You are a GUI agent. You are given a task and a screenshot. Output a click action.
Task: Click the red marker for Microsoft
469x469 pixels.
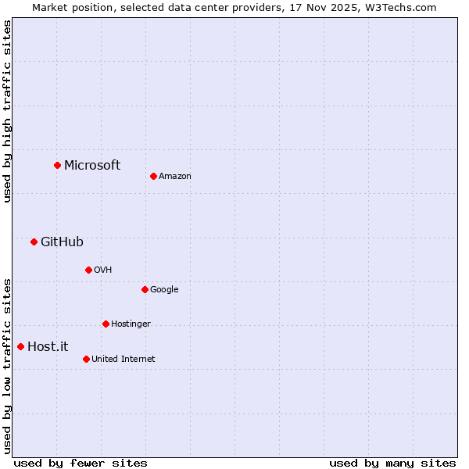(x=57, y=165)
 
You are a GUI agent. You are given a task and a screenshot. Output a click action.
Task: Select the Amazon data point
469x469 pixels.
(x=153, y=176)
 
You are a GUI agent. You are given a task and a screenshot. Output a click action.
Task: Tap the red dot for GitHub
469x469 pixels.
(x=34, y=242)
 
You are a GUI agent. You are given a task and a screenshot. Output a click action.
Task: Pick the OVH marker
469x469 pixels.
(x=88, y=270)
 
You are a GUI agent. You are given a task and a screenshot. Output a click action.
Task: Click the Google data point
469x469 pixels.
(x=145, y=289)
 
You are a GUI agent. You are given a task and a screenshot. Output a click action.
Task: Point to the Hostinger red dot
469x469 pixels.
(x=106, y=324)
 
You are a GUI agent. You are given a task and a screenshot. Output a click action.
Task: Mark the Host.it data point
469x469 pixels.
(x=20, y=346)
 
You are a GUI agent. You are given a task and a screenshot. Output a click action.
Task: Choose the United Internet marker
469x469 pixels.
(x=86, y=359)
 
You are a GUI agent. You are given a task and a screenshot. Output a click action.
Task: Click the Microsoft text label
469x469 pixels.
(x=92, y=165)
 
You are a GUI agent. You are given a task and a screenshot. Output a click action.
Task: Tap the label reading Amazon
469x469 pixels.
(x=174, y=176)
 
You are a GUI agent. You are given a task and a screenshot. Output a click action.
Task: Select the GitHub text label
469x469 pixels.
(x=62, y=242)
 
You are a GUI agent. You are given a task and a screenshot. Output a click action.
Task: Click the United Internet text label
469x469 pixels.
(x=123, y=359)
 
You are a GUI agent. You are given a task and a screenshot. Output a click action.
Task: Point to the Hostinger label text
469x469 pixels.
(x=131, y=324)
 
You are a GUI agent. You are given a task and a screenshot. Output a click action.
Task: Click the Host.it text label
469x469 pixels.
(x=48, y=346)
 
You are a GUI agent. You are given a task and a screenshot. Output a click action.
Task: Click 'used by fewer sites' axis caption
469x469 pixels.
(x=81, y=463)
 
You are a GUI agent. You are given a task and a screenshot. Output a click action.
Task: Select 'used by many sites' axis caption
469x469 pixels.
(x=392, y=463)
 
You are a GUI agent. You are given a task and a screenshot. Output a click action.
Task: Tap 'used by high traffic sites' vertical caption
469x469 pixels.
(x=7, y=111)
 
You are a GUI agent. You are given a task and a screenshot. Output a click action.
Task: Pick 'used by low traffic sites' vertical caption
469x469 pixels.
(x=7, y=366)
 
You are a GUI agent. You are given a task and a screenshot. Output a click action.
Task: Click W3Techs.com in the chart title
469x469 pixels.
(x=403, y=7)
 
